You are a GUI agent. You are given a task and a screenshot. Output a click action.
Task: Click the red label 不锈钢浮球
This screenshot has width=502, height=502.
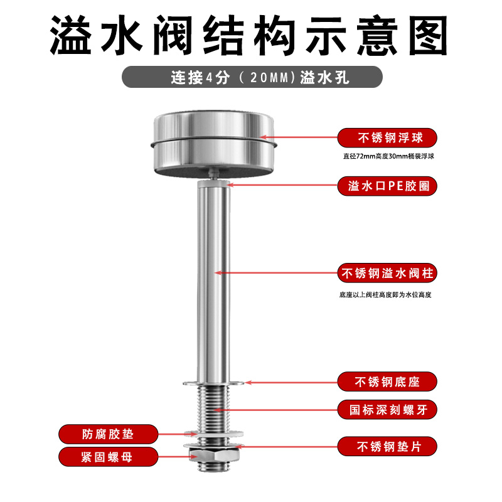387,138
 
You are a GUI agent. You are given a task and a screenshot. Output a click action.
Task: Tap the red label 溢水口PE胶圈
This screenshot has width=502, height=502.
387,186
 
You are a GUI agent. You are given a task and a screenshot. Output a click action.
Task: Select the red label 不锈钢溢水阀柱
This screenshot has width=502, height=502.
387,273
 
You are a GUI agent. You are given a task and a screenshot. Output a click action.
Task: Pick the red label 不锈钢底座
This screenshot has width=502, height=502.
387,382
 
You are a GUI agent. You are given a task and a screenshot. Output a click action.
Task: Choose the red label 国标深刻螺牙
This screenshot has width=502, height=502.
387,410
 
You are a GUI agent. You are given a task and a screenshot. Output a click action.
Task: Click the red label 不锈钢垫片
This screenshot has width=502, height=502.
387,446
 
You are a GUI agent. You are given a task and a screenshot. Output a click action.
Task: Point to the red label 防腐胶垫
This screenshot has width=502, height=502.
108,434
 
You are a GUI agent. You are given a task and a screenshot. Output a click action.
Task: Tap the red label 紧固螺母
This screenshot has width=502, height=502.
108,457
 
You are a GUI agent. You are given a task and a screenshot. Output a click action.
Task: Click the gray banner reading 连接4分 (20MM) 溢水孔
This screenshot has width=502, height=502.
252,77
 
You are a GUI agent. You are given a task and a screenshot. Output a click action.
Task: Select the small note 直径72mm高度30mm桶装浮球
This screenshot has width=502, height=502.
388,156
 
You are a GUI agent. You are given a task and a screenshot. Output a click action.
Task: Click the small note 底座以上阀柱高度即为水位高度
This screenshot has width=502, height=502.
385,294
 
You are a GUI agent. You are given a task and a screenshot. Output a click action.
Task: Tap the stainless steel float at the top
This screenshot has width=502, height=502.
214,144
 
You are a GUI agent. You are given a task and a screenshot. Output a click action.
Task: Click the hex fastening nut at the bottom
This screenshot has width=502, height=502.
213,455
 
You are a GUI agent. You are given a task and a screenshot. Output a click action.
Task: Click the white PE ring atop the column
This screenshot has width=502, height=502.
213,184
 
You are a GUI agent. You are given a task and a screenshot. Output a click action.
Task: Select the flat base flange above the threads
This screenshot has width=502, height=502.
213,383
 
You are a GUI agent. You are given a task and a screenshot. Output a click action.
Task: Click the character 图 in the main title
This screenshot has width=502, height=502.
428,35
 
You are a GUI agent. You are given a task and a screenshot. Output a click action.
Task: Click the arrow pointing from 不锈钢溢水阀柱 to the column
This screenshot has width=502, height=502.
276,273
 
